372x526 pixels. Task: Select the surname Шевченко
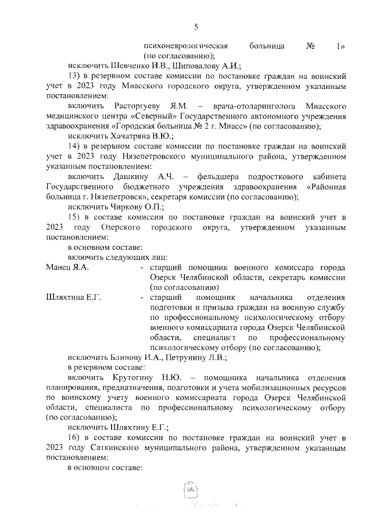[136, 66]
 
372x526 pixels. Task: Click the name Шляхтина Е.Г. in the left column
[73, 298]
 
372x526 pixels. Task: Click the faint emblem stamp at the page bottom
[192, 486]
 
